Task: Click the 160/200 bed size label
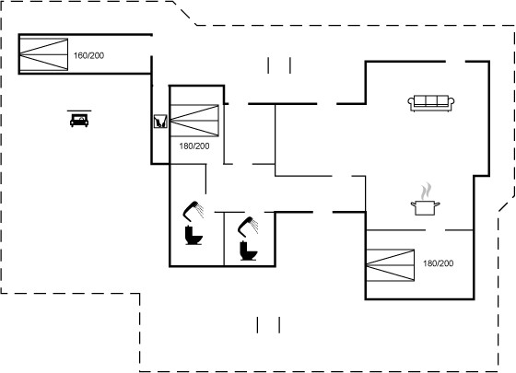(x=88, y=55)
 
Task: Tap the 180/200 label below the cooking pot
(x=438, y=263)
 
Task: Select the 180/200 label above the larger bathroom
(x=194, y=146)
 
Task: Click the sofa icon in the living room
(x=431, y=103)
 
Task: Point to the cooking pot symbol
(x=425, y=207)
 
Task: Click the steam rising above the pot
(x=427, y=192)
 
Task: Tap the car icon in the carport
(x=79, y=121)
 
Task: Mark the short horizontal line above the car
(x=79, y=111)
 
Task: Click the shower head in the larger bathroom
(x=193, y=210)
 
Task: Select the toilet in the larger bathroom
(x=193, y=235)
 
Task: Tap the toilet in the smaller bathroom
(x=248, y=251)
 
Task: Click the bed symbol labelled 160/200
(x=44, y=54)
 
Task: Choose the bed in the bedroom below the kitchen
(x=391, y=265)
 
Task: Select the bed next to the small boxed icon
(x=194, y=121)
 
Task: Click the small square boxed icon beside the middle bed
(x=160, y=122)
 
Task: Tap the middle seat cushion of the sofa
(x=431, y=100)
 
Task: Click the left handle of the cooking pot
(x=413, y=204)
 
